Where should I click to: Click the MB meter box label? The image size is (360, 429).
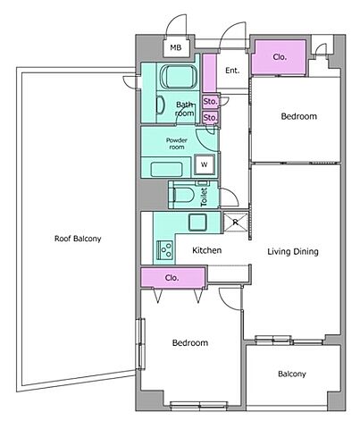[x=176, y=47]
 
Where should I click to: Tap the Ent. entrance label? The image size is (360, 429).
[x=232, y=71]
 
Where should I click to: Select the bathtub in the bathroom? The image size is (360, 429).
[x=179, y=77]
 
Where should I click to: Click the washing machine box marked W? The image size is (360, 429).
[x=205, y=164]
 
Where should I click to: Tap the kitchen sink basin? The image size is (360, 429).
[x=197, y=223]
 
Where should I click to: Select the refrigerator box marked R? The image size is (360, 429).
[x=236, y=222]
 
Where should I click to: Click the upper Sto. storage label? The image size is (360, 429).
[x=210, y=102]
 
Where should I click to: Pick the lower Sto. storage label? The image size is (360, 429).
[x=210, y=118]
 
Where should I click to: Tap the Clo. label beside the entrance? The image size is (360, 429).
[x=280, y=57]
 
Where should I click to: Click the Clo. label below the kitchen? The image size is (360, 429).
[x=172, y=278]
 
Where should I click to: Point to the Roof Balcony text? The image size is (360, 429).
[x=78, y=239]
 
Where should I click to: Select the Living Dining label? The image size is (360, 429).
[x=293, y=252]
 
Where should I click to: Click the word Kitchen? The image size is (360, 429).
[x=206, y=250]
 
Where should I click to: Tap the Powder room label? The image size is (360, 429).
[x=177, y=144]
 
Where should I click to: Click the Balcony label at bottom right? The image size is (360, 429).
[x=292, y=374]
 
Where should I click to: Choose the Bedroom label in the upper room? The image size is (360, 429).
[x=299, y=116]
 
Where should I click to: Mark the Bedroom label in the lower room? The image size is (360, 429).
[x=190, y=342]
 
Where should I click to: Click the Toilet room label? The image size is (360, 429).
[x=205, y=198]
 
